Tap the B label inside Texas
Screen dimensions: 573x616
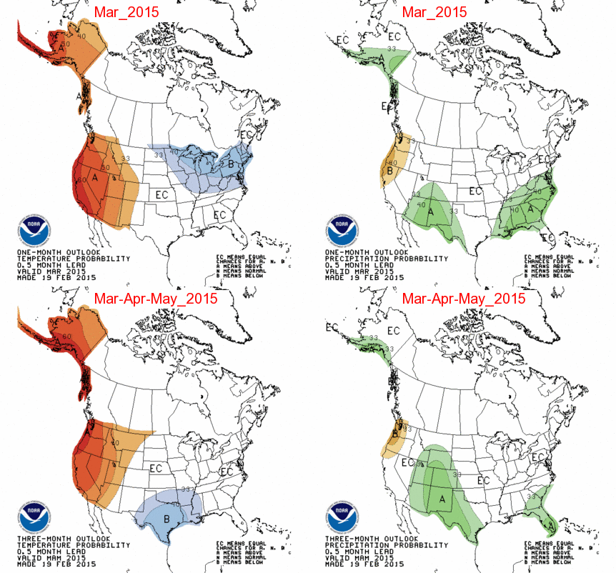click(167, 519)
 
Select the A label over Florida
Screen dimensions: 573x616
click(550, 524)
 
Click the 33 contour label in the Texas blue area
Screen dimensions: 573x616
click(185, 489)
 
